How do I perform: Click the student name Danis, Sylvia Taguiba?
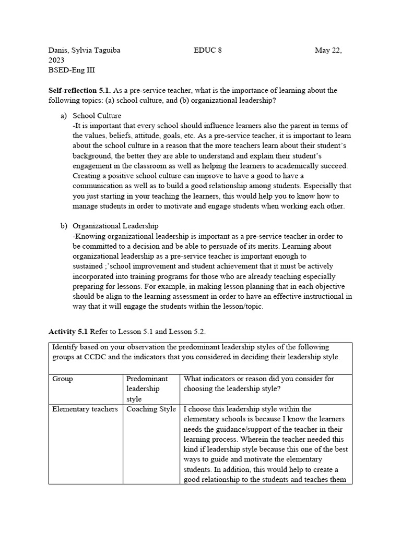(x=85, y=51)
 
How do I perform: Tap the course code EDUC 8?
(x=207, y=51)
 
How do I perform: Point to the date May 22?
(x=328, y=51)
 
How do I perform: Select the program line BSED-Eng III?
(x=72, y=70)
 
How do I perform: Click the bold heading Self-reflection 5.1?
(x=82, y=91)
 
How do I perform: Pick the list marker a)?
(x=64, y=116)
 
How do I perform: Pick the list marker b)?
(x=64, y=226)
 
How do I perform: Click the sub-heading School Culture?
(x=97, y=116)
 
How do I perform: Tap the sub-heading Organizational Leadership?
(x=115, y=226)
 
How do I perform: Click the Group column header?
(x=63, y=379)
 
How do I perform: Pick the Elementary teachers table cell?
(x=85, y=409)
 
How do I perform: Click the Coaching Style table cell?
(x=151, y=409)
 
